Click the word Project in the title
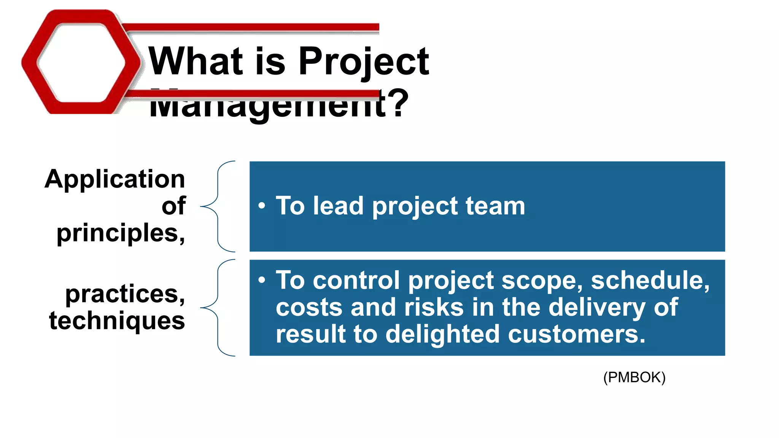(363, 62)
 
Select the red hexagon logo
(80, 62)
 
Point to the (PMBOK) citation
(634, 378)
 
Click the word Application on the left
(115, 179)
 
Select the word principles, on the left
(121, 233)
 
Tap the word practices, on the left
(125, 294)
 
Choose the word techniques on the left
(117, 321)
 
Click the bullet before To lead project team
(261, 206)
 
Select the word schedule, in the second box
(650, 281)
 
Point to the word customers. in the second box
(576, 334)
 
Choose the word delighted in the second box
(442, 334)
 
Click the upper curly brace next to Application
(218, 206)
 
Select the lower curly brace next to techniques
(218, 307)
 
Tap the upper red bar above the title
(251, 27)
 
